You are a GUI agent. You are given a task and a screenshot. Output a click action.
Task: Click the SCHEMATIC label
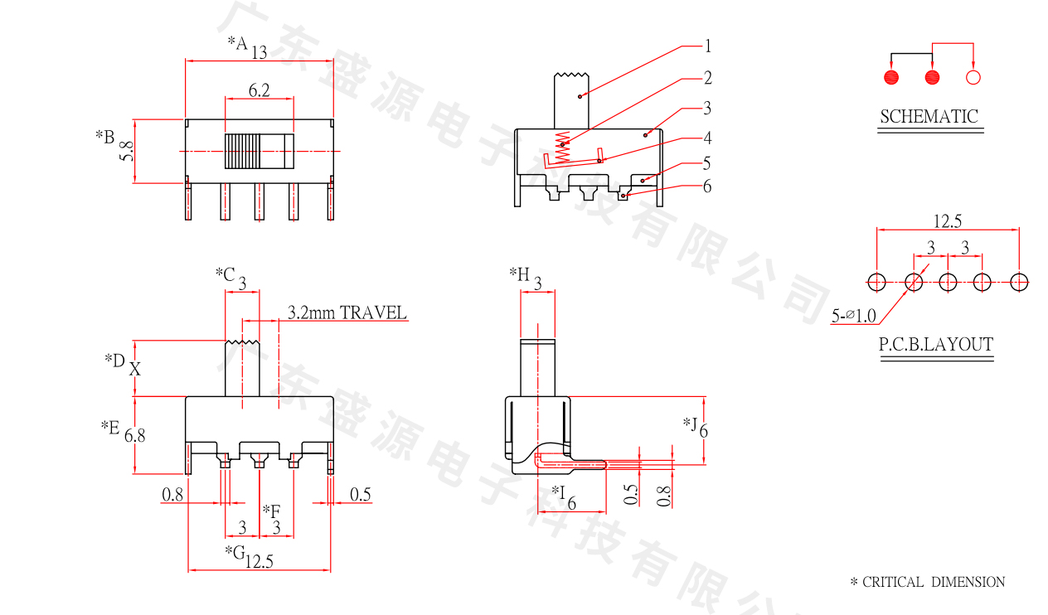coord(929,117)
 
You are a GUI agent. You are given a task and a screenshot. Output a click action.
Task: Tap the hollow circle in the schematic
coord(973,78)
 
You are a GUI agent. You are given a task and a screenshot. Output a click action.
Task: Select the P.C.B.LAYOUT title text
coord(936,344)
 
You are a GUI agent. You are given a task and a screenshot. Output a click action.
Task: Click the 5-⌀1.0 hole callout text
coord(853,316)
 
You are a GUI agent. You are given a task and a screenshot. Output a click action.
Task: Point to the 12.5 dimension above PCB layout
coord(948,221)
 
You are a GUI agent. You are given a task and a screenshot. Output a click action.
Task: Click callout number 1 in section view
coord(708,46)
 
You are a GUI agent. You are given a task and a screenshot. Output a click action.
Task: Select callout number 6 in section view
coord(707,186)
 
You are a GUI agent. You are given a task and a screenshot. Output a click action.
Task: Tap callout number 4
coord(707,138)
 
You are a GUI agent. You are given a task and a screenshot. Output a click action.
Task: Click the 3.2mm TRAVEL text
coord(347,312)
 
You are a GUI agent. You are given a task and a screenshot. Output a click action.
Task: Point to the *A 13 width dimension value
coord(259,53)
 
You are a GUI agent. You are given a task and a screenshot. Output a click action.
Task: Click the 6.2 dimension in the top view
coord(259,91)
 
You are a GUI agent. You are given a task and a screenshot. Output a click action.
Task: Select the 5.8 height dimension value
coord(126,151)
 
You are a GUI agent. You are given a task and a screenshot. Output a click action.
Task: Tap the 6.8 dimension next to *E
coord(135,434)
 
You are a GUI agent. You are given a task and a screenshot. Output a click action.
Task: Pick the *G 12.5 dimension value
coord(259,562)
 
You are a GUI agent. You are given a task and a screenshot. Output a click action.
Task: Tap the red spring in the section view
coord(563,145)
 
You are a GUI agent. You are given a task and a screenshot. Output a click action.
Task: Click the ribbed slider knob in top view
coord(242,152)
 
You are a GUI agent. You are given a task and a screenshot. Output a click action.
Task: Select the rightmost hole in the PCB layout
coord(1019,282)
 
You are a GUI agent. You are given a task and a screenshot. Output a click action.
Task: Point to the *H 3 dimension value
coord(537,284)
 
